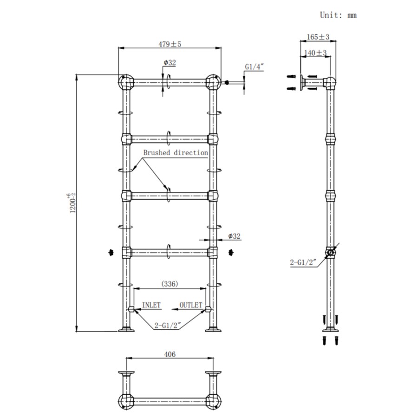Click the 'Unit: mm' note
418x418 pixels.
pyautogui.click(x=338, y=15)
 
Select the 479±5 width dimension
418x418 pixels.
pyautogui.click(x=169, y=44)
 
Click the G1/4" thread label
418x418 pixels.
pyautogui.click(x=254, y=67)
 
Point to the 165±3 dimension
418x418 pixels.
pyautogui.click(x=318, y=37)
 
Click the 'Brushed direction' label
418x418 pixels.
pyautogui.click(x=175, y=153)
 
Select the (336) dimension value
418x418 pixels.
pyautogui.click(x=170, y=283)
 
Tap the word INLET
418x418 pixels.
pyautogui.click(x=151, y=305)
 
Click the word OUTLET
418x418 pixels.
pyautogui.click(x=191, y=305)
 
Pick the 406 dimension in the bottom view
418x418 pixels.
pyautogui.click(x=170, y=354)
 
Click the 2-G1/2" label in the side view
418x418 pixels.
pyautogui.click(x=303, y=262)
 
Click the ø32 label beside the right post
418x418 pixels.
pyautogui.click(x=235, y=236)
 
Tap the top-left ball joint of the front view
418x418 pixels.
pyautogui.click(x=125, y=83)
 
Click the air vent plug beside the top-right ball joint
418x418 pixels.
pyautogui.click(x=227, y=83)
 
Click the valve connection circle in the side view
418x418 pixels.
pyautogui.click(x=330, y=253)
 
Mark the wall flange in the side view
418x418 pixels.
pyautogui.click(x=302, y=83)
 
